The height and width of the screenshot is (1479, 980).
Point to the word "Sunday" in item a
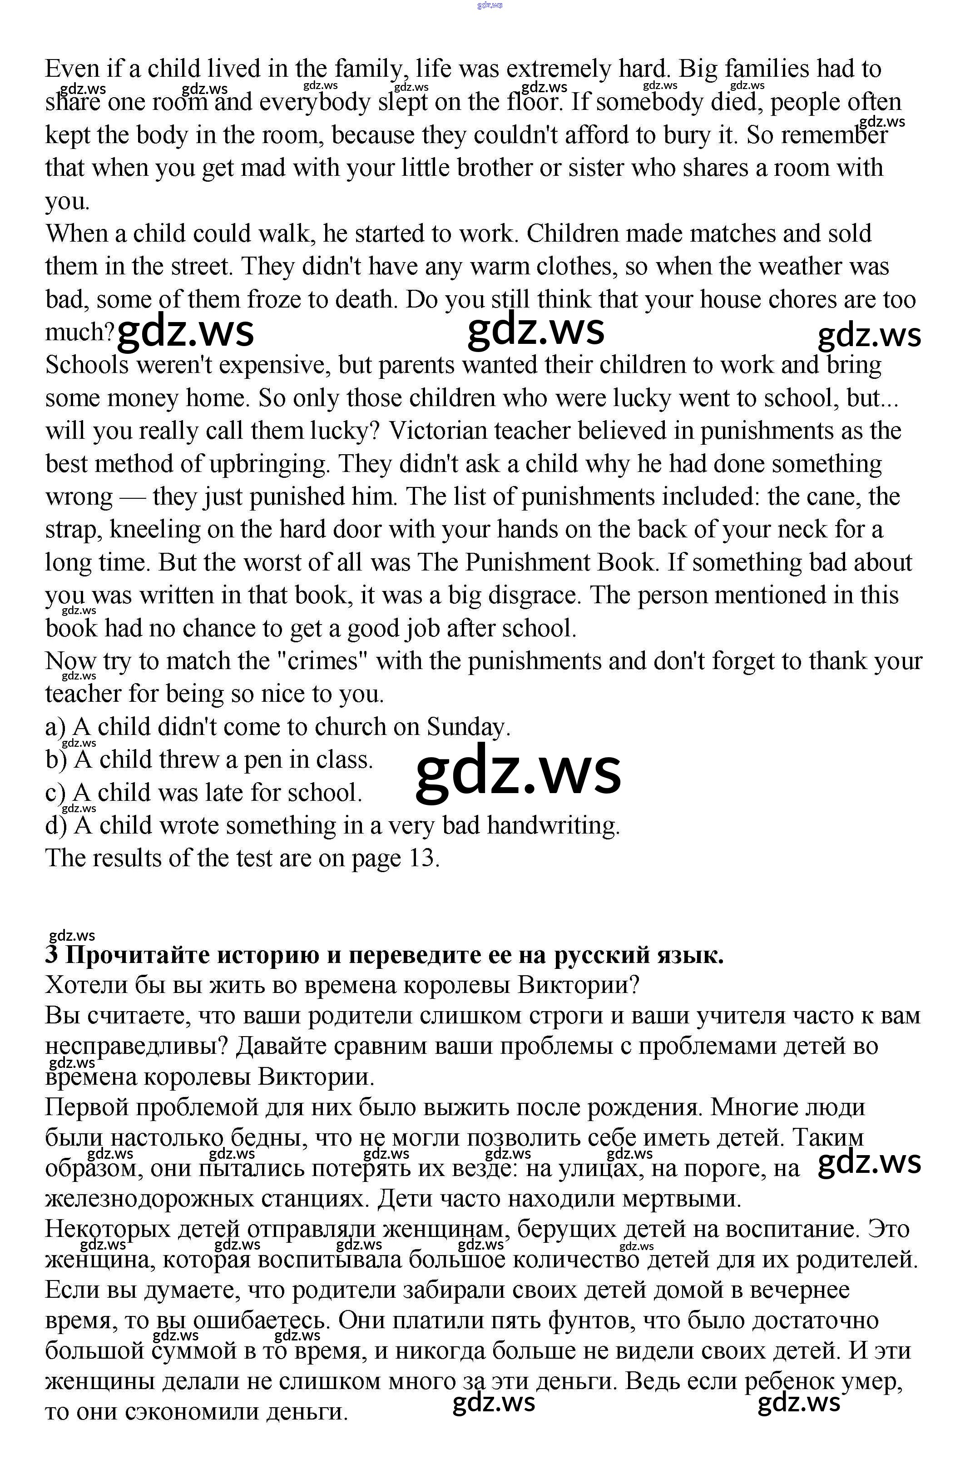[467, 727]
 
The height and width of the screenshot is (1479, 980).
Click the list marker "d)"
[56, 826]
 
